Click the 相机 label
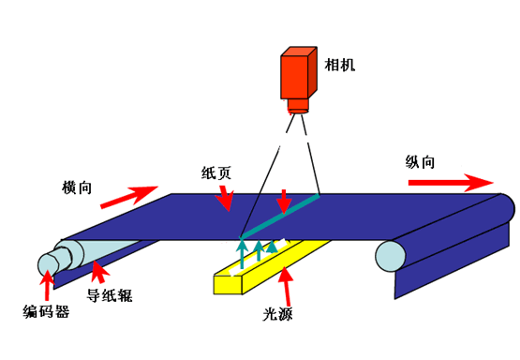click(340, 66)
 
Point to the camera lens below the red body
click(298, 110)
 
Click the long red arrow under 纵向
click(450, 181)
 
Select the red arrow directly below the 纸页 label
click(224, 197)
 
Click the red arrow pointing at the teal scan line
click(283, 201)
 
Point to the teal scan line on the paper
click(281, 215)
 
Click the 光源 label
click(278, 315)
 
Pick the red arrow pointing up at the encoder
click(48, 285)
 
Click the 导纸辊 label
click(110, 297)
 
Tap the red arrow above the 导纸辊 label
click(97, 275)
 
